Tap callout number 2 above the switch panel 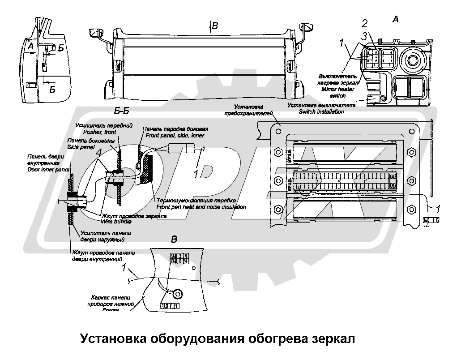tap(365, 23)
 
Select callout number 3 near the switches tap(365, 35)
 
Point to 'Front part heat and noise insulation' tap(201, 207)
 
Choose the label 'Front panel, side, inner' tap(169, 135)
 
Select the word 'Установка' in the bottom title tap(112, 339)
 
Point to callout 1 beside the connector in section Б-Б tap(196, 172)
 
